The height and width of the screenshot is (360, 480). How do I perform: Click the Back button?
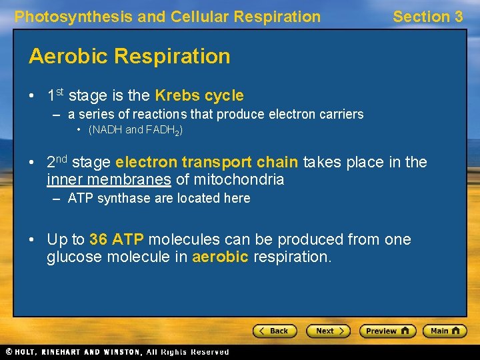274,331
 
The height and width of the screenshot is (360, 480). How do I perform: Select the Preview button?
387,331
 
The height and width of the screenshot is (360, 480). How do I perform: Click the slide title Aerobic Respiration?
129,56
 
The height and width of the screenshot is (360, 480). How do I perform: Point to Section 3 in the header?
427,17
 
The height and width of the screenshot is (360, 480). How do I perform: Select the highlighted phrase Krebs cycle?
199,95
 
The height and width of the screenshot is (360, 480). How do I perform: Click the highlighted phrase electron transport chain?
207,162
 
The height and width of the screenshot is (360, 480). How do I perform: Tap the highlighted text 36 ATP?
116,239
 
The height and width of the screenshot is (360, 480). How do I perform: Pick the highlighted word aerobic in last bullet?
221,257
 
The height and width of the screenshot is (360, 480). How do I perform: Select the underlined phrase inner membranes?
109,179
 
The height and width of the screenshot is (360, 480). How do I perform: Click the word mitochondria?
238,179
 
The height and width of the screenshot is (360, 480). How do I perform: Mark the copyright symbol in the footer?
9,351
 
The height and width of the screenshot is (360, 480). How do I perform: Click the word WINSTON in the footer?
119,351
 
